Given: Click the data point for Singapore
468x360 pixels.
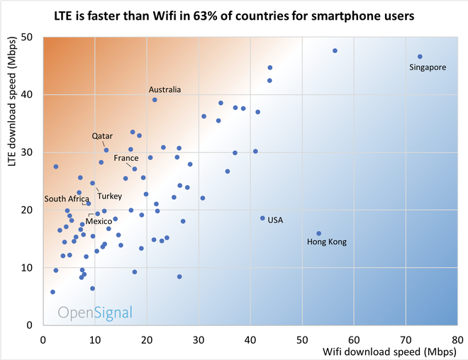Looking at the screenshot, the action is (x=420, y=57).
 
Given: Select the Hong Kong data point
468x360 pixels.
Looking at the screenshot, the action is (x=319, y=234).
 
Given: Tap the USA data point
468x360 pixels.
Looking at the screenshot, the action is (x=262, y=218).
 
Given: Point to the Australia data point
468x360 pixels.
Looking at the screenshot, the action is (x=155, y=100).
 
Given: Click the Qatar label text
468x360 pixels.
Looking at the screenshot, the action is (x=102, y=136).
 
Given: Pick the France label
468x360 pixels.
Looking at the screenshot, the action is (x=126, y=158).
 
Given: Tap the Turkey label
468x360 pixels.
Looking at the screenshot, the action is (x=109, y=196).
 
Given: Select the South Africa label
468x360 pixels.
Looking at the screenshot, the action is (x=67, y=198).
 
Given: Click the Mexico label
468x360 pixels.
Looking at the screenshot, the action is (x=99, y=221).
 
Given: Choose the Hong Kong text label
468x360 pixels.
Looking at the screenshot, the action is (x=327, y=242).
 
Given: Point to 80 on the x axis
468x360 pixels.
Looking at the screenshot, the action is (x=457, y=340).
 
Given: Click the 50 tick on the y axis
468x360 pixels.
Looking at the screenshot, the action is (x=27, y=37).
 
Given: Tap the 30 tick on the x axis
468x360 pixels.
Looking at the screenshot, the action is (x=199, y=340).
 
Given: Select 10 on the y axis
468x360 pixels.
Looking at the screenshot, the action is (x=27, y=268).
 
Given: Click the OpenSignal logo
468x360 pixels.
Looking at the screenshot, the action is (x=95, y=313).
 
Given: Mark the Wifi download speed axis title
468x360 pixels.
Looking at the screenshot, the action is (x=389, y=351).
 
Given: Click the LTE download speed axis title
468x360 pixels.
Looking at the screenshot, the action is (x=11, y=101).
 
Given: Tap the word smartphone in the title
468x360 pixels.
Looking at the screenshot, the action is (x=340, y=16).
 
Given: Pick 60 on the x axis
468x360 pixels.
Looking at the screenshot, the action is (x=354, y=340).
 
